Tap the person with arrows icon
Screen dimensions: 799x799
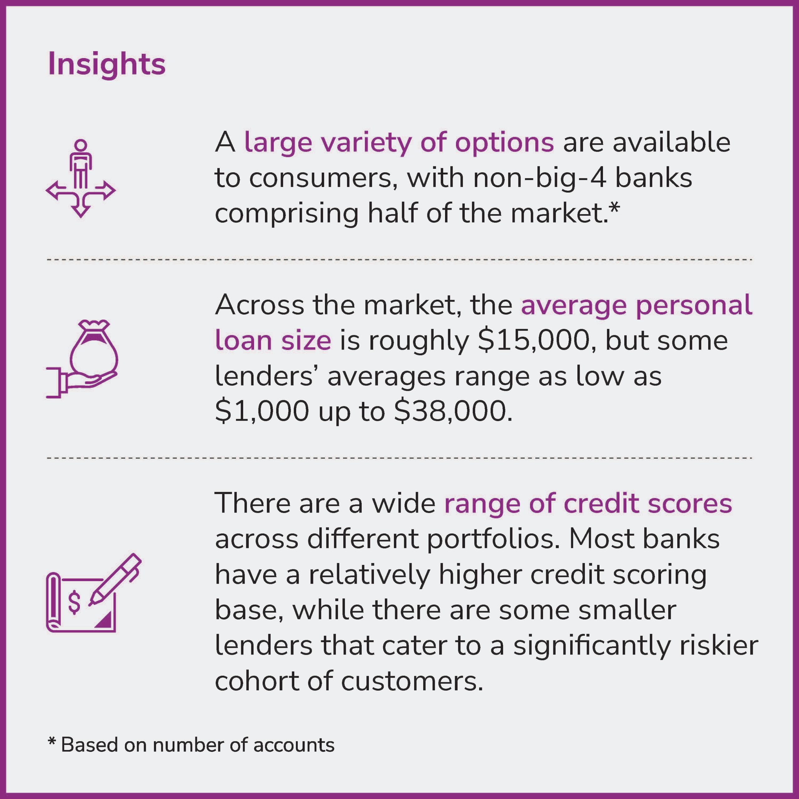click(81, 178)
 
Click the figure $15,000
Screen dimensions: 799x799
click(533, 341)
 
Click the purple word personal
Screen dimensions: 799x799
click(694, 305)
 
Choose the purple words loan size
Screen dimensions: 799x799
click(273, 341)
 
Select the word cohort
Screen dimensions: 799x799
click(257, 681)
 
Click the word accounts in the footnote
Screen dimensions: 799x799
click(294, 745)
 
